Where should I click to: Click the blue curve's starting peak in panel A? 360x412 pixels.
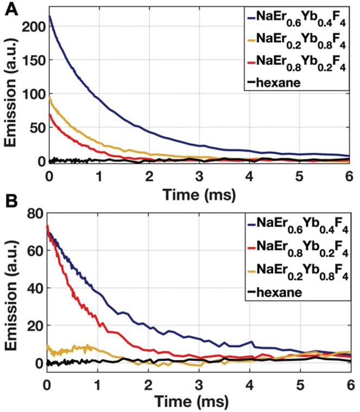49,16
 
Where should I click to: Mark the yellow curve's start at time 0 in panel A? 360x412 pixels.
49,97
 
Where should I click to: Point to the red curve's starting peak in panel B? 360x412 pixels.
48,226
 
